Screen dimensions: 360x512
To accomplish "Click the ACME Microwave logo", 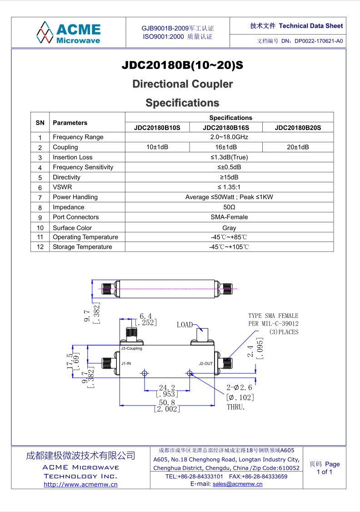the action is click(x=68, y=33).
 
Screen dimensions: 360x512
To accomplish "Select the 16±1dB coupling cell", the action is click(x=226, y=147).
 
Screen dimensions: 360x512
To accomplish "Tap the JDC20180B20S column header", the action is click(x=298, y=127).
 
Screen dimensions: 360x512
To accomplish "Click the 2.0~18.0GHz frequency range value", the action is click(x=229, y=137).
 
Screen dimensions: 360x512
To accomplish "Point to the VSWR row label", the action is click(x=62, y=187).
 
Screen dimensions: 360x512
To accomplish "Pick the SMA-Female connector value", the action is click(x=229, y=217).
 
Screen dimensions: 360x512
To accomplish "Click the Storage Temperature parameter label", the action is click(x=82, y=247).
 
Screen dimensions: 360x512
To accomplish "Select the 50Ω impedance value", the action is click(x=229, y=207).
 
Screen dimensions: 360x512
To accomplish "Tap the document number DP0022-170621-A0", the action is click(x=319, y=41).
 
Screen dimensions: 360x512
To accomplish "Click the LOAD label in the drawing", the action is click(x=185, y=325).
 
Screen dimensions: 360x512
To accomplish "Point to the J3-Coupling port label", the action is click(x=131, y=348).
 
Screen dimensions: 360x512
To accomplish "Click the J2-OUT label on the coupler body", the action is click(x=205, y=363).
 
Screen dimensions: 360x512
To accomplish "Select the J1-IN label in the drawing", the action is click(x=126, y=363).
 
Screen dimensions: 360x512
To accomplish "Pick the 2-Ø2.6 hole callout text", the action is click(x=239, y=387).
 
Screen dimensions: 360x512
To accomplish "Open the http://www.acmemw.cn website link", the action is click(x=80, y=485).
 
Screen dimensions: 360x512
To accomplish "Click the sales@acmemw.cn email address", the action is click(x=237, y=484).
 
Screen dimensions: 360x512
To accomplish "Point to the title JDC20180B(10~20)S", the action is click(x=182, y=65).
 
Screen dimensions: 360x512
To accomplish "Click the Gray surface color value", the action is click(x=229, y=228).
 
